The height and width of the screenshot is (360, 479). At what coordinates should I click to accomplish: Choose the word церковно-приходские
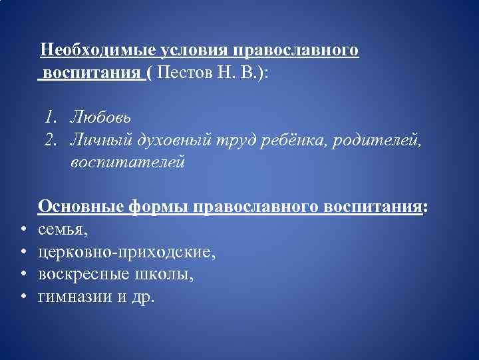pos(126,253)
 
